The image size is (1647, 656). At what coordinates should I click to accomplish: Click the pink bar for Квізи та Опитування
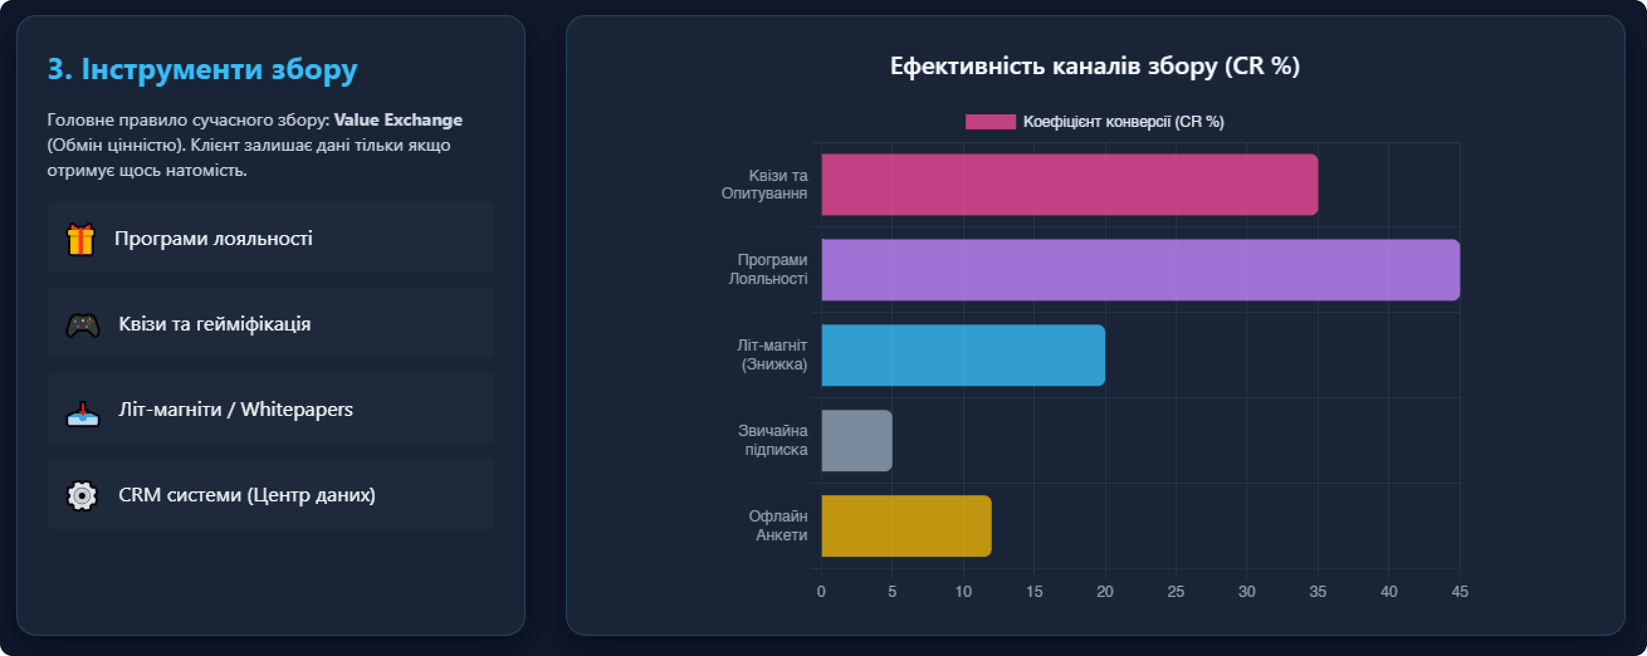1069,184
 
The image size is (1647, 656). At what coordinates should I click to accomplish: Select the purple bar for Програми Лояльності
1140,270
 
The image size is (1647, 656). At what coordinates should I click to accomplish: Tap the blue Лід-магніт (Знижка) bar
963,355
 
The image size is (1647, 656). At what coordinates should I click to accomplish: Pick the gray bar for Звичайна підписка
856,440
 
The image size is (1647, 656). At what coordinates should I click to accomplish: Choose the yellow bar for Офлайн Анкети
906,525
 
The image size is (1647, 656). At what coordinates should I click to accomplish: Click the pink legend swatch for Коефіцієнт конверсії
989,121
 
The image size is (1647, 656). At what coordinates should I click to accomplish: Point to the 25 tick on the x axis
1176,591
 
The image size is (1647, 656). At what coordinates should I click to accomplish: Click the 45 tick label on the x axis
1460,591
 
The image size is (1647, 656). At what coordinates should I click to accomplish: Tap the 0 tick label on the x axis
821,591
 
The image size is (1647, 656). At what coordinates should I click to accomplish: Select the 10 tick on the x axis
963,591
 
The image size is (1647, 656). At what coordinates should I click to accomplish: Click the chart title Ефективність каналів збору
1094,67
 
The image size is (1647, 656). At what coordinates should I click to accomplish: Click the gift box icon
80,239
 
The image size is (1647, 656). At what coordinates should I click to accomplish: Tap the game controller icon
83,325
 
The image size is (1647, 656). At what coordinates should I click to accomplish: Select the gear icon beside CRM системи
82,496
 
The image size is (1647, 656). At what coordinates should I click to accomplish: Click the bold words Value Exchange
398,120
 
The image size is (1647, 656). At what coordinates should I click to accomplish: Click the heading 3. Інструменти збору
202,69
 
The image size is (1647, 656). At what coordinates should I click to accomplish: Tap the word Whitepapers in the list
297,409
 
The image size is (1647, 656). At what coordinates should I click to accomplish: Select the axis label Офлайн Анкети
778,525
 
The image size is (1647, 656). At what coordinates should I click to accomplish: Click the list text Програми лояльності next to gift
213,239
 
